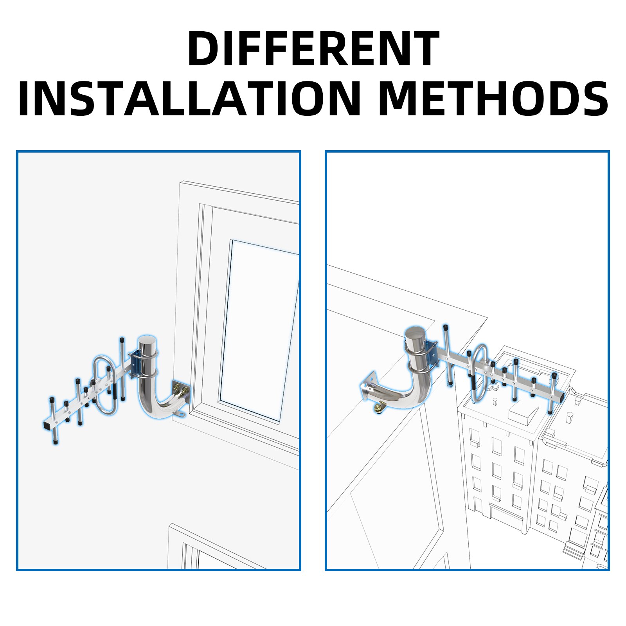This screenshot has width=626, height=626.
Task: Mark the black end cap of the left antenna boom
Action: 46,425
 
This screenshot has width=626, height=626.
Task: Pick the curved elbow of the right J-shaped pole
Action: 415,395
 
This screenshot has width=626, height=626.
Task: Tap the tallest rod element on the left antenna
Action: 122,369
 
